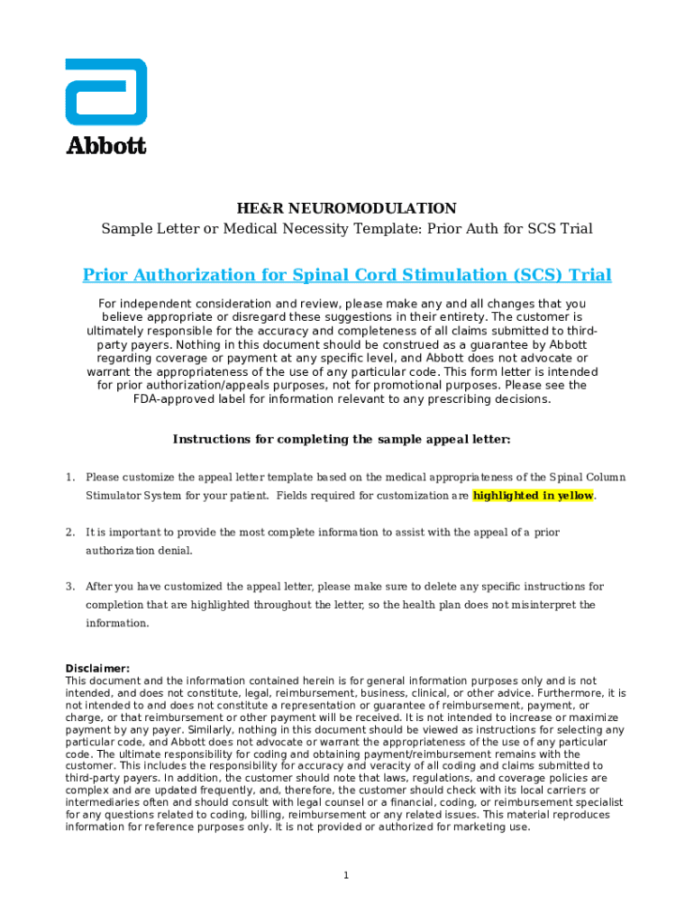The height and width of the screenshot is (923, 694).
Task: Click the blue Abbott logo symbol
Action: pyautogui.click(x=105, y=92)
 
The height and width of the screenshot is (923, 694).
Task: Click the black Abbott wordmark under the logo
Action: pyautogui.click(x=105, y=145)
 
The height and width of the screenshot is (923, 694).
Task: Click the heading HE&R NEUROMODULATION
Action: pyautogui.click(x=347, y=208)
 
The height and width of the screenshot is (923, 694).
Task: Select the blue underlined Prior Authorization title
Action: pyautogui.click(x=347, y=275)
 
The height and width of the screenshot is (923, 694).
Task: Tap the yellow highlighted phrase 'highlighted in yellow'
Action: pyautogui.click(x=533, y=496)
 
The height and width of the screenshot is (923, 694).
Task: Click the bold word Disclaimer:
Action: pyautogui.click(x=97, y=669)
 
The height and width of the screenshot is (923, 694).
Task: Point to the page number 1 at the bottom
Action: pyautogui.click(x=346, y=875)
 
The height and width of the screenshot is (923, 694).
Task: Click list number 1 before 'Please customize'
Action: pyautogui.click(x=69, y=477)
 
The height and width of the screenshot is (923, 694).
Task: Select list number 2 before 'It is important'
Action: pyautogui.click(x=69, y=532)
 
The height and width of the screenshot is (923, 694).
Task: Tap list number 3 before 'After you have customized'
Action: pyautogui.click(x=69, y=587)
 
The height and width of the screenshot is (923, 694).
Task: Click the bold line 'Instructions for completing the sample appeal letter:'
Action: pyautogui.click(x=342, y=440)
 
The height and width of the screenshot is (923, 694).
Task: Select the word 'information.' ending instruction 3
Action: pyautogui.click(x=116, y=624)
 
